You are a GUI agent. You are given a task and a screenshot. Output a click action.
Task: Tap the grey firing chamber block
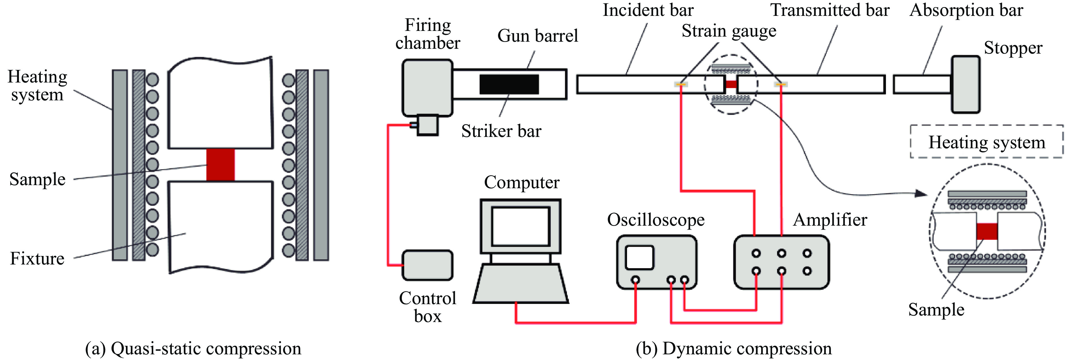(x=427, y=87)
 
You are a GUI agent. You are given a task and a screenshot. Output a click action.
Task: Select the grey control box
(x=427, y=265)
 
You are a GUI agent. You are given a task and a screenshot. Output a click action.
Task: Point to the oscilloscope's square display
(x=640, y=257)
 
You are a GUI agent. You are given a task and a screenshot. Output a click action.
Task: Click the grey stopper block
(x=965, y=84)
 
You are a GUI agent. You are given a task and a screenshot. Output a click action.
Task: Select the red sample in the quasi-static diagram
(x=221, y=165)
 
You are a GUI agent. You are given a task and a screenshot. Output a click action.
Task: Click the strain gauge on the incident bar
(x=681, y=84)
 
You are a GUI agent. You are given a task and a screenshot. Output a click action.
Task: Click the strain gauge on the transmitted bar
(x=781, y=84)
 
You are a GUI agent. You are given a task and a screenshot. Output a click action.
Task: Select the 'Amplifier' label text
(x=830, y=220)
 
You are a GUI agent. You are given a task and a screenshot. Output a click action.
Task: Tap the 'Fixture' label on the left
(x=37, y=259)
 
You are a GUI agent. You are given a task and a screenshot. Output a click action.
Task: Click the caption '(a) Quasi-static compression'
(x=193, y=348)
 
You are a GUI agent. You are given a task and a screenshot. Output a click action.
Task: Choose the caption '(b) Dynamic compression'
(x=734, y=348)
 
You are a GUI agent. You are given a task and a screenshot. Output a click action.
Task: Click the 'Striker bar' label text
(x=501, y=131)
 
